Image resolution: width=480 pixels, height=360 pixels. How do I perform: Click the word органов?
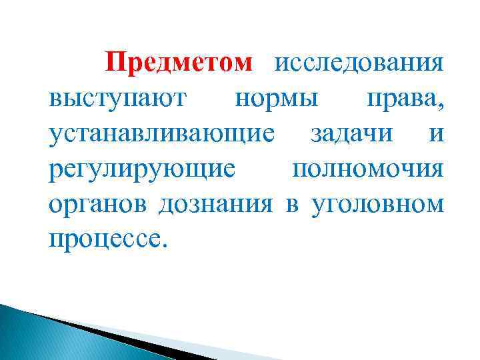[x=99, y=203]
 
